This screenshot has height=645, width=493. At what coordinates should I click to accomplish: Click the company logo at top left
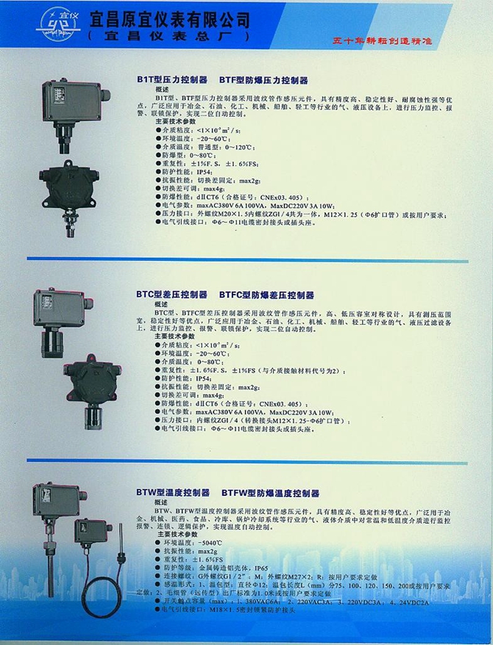pos(54,24)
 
